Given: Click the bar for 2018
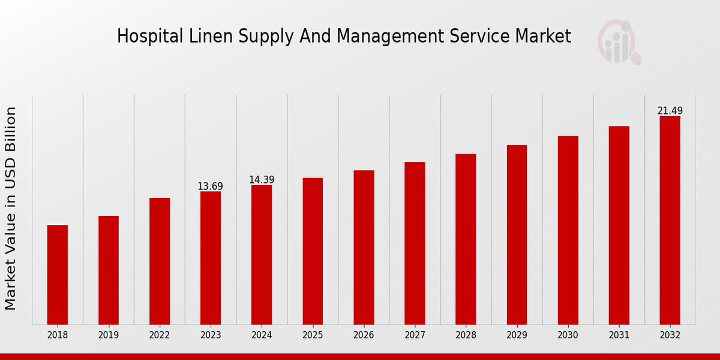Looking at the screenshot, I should [x=58, y=275].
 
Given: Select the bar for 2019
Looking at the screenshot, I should [x=109, y=270].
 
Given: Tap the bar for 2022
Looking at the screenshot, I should [x=160, y=261].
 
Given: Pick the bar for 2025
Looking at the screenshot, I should [x=313, y=251].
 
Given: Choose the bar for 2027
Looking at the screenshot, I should [x=415, y=243].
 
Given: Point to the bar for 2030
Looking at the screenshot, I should [x=568, y=230].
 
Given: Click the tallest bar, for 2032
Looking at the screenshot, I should [x=670, y=220].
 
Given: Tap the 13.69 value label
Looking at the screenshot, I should [x=210, y=187].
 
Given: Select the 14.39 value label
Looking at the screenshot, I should [x=262, y=180].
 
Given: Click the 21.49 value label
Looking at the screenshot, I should [x=670, y=111].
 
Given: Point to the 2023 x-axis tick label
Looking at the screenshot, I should [x=211, y=335].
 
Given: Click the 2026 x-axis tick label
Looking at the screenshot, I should [x=364, y=335].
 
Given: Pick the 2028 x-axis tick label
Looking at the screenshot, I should [x=466, y=335].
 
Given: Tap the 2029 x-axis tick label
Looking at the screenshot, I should [x=517, y=335].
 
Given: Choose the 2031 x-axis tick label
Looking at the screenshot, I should [x=619, y=335].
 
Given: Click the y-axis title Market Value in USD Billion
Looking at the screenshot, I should [x=11, y=208].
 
